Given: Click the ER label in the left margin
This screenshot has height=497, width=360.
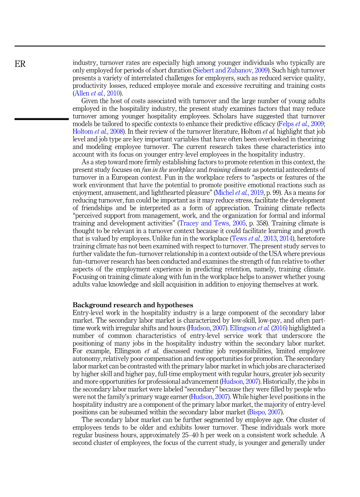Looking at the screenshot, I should (x=20, y=64).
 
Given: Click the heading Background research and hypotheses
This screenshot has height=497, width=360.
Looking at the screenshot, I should (x=133, y=305).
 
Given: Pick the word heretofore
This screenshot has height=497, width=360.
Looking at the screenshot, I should (x=309, y=238).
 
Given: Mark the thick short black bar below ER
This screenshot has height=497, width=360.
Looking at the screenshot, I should (x=41, y=119).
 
